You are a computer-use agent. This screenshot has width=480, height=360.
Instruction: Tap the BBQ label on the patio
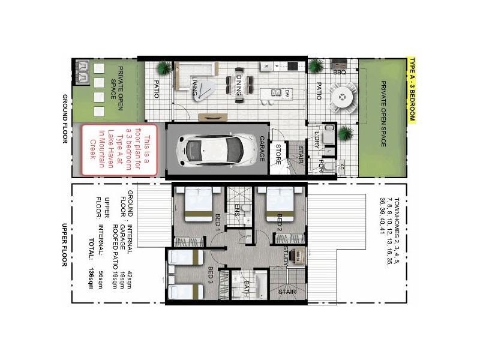tap(340, 72)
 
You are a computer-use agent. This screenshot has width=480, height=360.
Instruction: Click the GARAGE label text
tap(262, 149)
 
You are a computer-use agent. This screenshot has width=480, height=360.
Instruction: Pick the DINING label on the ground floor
tap(239, 84)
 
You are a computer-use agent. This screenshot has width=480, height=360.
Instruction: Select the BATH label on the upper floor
tap(245, 289)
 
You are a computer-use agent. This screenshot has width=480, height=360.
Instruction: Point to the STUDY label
tap(286, 254)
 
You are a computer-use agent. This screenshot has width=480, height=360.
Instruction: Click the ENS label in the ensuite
tap(238, 209)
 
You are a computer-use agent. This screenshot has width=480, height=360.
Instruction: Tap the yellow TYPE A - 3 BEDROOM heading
tap(412, 90)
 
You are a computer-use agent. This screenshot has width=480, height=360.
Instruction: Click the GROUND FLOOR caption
tap(65, 119)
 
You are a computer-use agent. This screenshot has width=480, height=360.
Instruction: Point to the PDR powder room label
tap(322, 166)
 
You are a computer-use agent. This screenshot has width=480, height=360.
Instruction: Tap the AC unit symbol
tap(341, 166)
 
